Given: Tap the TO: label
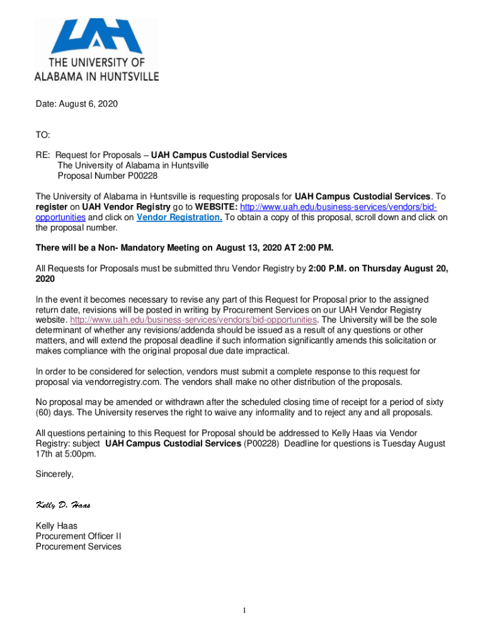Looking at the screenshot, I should click(43, 135).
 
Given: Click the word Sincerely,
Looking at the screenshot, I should click(55, 474).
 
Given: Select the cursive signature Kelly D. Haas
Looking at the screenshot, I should click(67, 505).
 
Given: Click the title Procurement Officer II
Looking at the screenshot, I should click(79, 536).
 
